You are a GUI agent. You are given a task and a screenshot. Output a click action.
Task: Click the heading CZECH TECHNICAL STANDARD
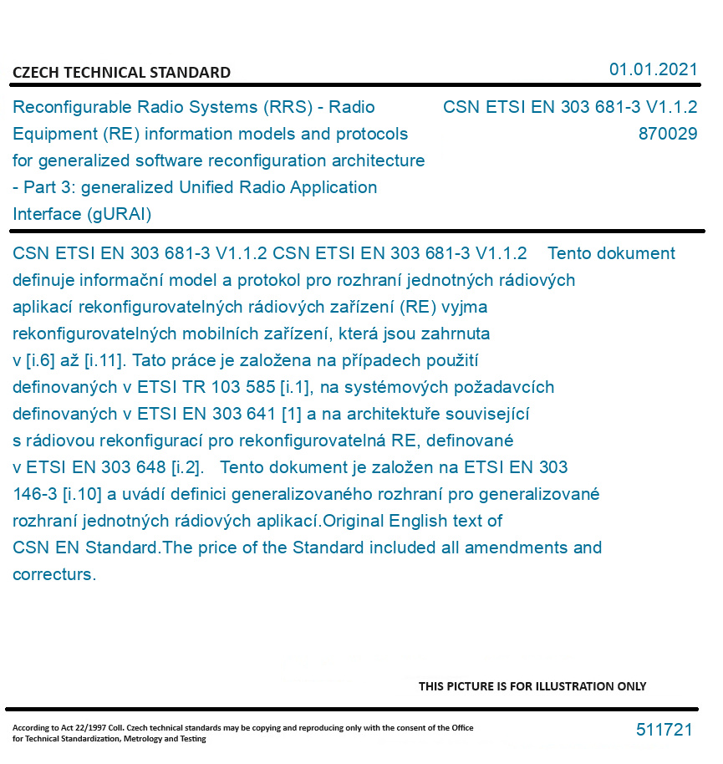coord(121,73)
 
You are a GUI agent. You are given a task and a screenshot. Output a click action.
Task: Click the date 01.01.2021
coord(653,69)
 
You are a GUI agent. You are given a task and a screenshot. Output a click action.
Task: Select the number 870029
coord(667,134)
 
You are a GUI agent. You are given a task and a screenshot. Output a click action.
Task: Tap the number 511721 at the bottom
coord(664,730)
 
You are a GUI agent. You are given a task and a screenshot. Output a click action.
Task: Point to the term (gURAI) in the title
coord(118,214)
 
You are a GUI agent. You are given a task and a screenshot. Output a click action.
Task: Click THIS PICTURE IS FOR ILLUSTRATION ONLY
coord(532,686)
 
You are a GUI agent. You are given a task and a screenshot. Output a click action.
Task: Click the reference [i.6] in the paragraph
coord(42,360)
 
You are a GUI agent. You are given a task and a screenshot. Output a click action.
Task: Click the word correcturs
coord(54,574)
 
